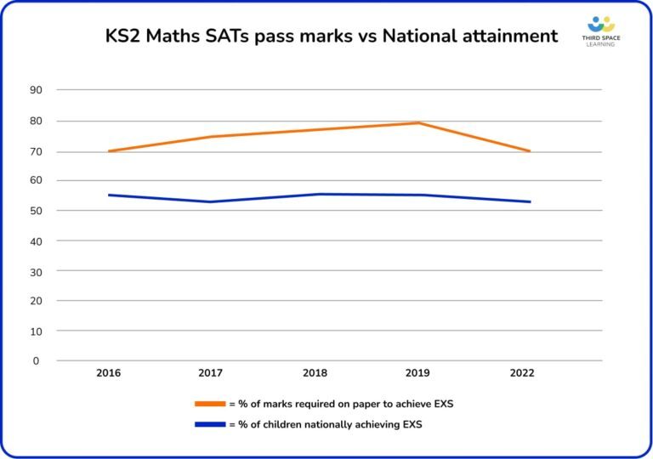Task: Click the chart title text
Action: [x=332, y=36]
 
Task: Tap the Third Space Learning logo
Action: [x=600, y=31]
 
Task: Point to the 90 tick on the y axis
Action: [x=37, y=89]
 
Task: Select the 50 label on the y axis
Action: [x=37, y=210]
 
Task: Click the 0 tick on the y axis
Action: [x=37, y=360]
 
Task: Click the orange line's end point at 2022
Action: [x=530, y=151]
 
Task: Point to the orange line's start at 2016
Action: [x=108, y=151]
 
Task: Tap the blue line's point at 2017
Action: [x=212, y=201]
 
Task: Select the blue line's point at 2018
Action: [x=315, y=194]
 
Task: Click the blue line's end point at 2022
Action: [x=530, y=201]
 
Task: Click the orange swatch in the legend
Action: [x=211, y=404]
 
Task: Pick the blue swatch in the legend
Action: [x=211, y=424]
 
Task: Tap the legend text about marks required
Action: [x=341, y=404]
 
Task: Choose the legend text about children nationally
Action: [x=326, y=424]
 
